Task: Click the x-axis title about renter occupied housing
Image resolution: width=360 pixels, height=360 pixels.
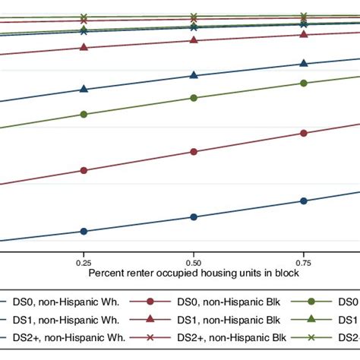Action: [194, 271]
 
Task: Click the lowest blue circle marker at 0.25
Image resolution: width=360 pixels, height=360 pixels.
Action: [84, 232]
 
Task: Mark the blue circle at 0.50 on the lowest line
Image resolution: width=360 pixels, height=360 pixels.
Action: [194, 217]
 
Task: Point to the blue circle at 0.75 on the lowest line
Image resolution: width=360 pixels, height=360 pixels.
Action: [304, 201]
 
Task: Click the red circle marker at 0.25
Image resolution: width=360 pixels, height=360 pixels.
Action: [84, 171]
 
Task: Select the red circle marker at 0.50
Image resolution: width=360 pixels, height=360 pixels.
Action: [194, 152]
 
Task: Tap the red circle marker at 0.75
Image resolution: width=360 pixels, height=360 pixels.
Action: [304, 134]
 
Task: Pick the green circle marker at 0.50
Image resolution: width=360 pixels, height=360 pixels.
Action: [194, 98]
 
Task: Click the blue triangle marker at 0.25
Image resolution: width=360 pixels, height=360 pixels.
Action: [84, 89]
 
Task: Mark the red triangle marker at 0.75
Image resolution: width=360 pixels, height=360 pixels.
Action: [304, 34]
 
